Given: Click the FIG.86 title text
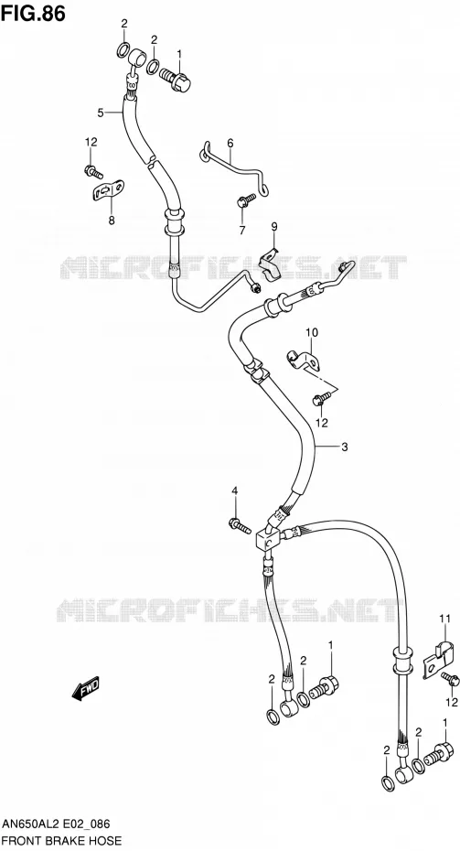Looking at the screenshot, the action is pyautogui.click(x=33, y=13).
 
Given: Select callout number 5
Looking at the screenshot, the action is pyautogui.click(x=101, y=113).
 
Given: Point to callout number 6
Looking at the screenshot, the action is pyautogui.click(x=230, y=144).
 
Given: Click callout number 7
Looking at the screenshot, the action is pyautogui.click(x=242, y=230).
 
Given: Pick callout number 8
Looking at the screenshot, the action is pyautogui.click(x=112, y=221).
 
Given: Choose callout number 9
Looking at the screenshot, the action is pyautogui.click(x=274, y=226).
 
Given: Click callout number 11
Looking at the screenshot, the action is pyautogui.click(x=445, y=619).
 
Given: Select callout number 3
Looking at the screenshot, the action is pyautogui.click(x=345, y=447).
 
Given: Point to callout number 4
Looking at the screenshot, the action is pyautogui.click(x=235, y=491).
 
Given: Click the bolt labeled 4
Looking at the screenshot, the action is pyautogui.click(x=240, y=525).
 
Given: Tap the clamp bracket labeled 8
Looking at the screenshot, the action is pyautogui.click(x=109, y=190).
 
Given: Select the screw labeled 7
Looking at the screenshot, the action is pyautogui.click(x=246, y=200).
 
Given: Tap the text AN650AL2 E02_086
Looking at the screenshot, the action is pyautogui.click(x=56, y=824).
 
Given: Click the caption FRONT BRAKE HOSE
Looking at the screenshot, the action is pyautogui.click(x=60, y=841).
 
